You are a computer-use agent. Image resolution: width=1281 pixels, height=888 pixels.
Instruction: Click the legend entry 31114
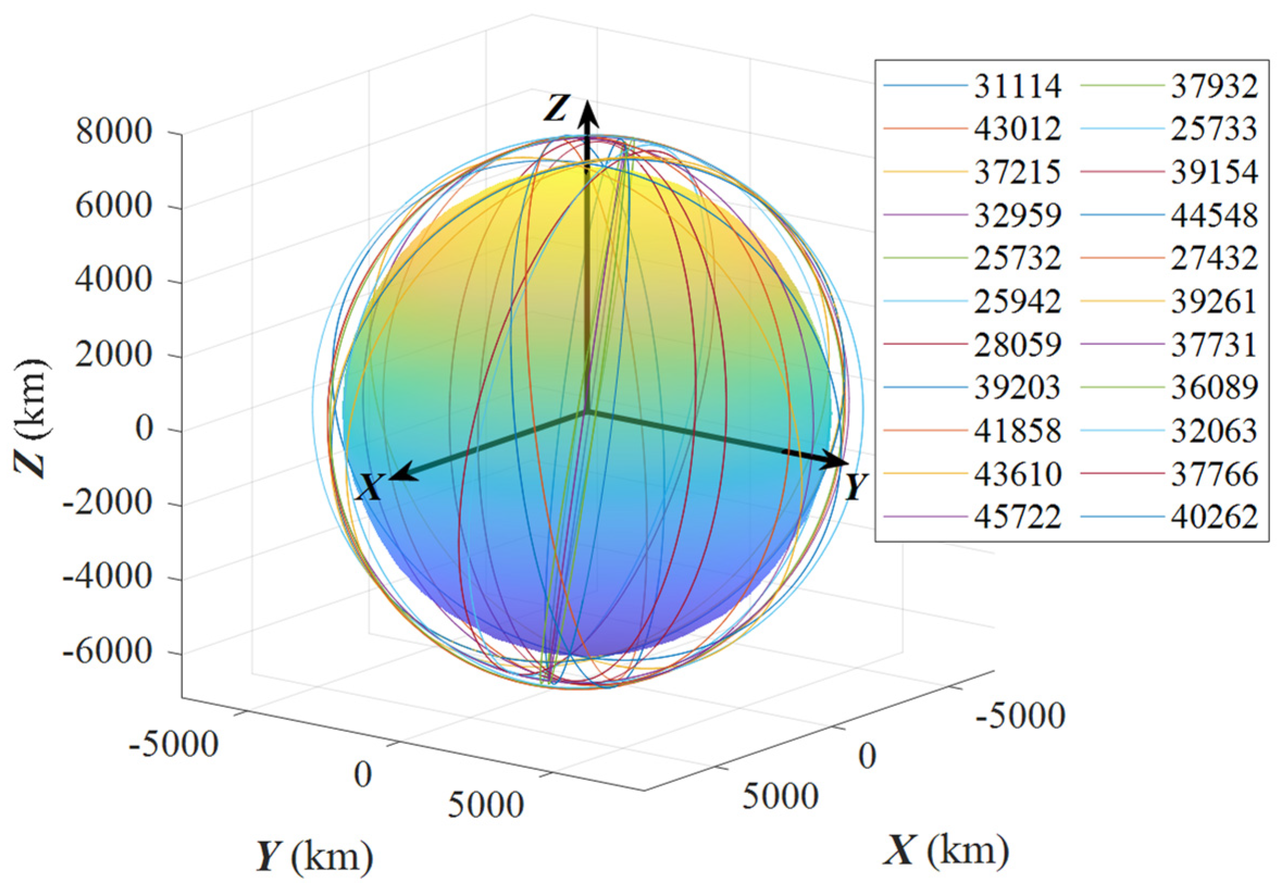(x=1017, y=86)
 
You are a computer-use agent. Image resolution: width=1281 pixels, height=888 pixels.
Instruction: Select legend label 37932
(x=1214, y=86)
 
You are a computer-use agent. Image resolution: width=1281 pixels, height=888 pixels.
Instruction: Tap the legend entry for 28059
(x=1017, y=345)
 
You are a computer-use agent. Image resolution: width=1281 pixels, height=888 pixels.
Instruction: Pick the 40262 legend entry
(x=1214, y=517)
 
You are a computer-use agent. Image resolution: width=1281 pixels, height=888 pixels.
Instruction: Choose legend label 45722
(x=1017, y=517)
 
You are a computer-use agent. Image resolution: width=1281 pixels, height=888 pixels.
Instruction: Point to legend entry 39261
(x=1214, y=302)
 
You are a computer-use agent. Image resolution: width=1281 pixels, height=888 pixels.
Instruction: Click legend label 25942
(x=1017, y=302)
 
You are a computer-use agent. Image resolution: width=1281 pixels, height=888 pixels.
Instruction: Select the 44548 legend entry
(x=1214, y=215)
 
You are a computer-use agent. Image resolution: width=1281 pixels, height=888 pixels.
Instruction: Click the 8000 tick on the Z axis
(x=114, y=133)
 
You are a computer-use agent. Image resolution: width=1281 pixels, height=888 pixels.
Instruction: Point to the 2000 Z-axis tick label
(x=114, y=354)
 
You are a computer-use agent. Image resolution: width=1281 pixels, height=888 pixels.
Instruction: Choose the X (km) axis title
(x=946, y=850)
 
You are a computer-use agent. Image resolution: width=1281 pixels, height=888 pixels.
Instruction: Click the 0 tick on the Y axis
(x=363, y=774)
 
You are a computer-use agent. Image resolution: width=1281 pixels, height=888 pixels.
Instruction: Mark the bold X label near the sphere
(x=369, y=487)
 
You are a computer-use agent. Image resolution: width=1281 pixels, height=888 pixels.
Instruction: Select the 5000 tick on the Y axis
(x=485, y=804)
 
